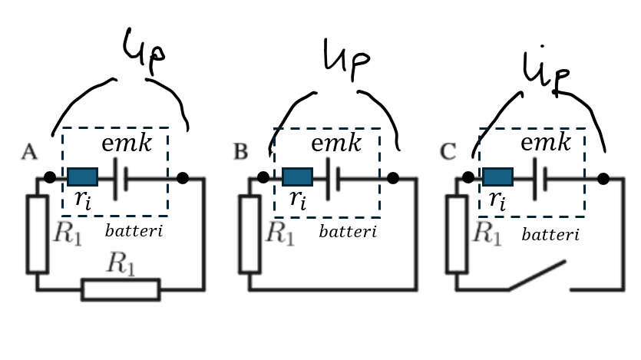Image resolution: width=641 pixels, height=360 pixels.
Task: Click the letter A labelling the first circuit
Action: tap(29, 152)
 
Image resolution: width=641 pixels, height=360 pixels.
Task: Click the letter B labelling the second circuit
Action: tap(241, 152)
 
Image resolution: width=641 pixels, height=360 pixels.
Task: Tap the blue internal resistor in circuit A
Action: tap(82, 177)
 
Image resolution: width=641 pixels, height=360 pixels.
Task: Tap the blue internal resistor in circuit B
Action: tap(296, 177)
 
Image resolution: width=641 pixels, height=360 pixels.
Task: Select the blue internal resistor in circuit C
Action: tap(498, 177)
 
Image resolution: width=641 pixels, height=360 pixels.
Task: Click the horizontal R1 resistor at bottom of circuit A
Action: tap(121, 289)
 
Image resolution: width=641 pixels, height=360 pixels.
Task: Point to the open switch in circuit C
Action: tap(537, 277)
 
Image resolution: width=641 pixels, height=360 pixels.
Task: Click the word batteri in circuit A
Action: tap(134, 230)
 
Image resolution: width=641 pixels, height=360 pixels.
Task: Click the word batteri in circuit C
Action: tap(550, 234)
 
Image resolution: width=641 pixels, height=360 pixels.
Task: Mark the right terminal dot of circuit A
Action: tap(182, 178)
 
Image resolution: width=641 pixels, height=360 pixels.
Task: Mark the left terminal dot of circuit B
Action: tap(263, 177)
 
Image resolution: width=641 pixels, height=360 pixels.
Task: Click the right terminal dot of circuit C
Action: tap(603, 179)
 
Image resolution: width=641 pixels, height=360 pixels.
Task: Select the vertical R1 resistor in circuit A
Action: tap(38, 234)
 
